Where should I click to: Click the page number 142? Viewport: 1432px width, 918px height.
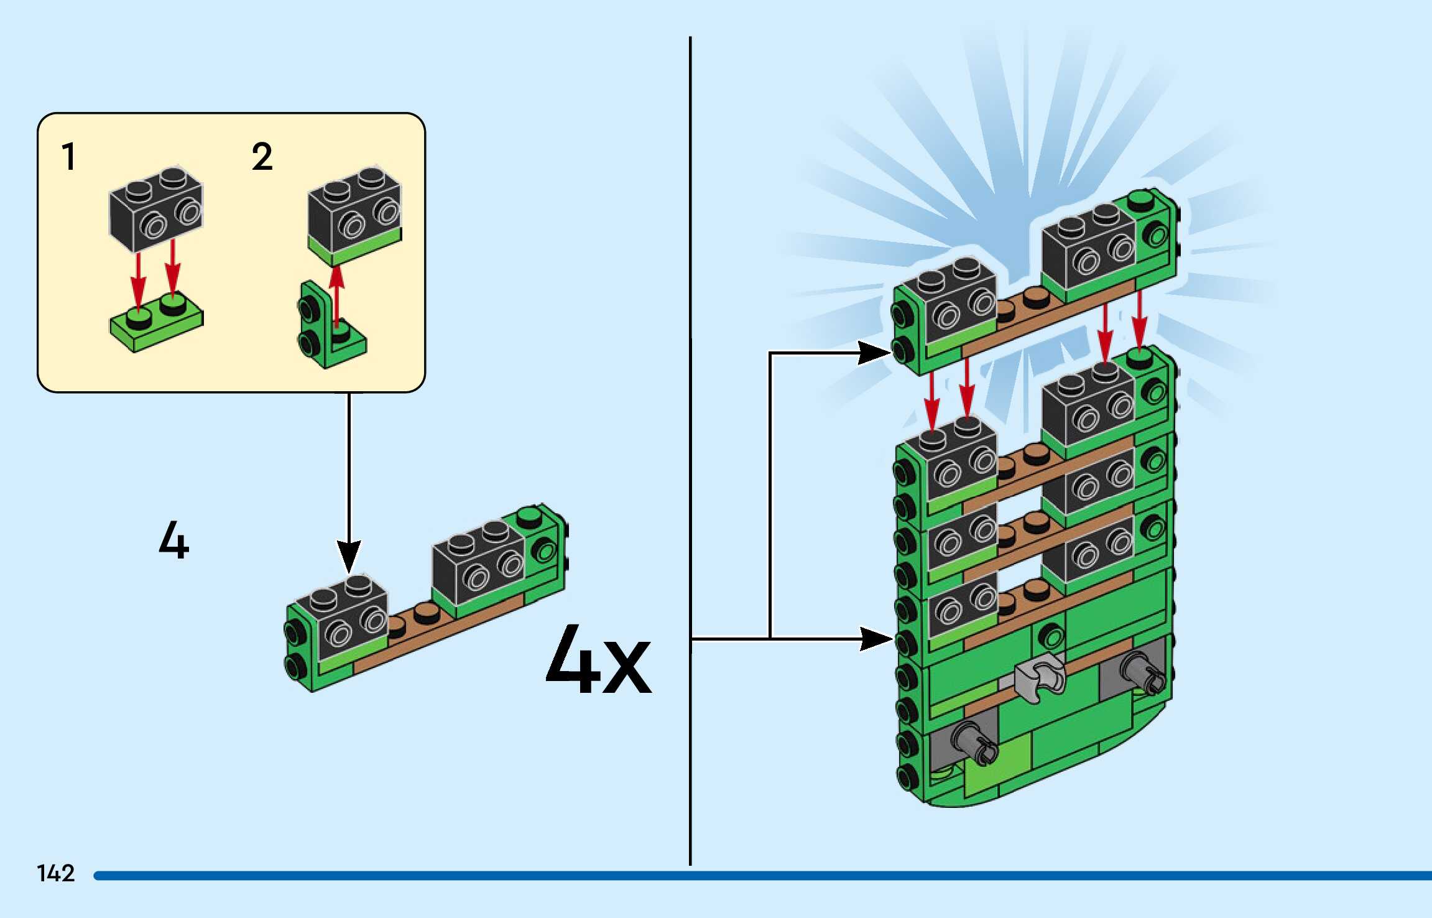pos(56,873)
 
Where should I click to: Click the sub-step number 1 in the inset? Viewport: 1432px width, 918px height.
pos(68,157)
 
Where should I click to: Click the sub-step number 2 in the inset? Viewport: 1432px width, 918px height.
pos(262,157)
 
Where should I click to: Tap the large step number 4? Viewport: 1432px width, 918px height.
pos(173,540)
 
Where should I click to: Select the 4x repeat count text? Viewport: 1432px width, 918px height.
pos(598,661)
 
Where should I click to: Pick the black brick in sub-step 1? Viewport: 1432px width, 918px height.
pos(155,208)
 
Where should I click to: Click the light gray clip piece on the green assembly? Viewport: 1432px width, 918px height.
pos(1039,679)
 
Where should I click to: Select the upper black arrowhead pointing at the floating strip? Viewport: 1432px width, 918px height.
pos(874,353)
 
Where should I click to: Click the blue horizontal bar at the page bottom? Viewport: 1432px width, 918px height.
pos(746,875)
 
